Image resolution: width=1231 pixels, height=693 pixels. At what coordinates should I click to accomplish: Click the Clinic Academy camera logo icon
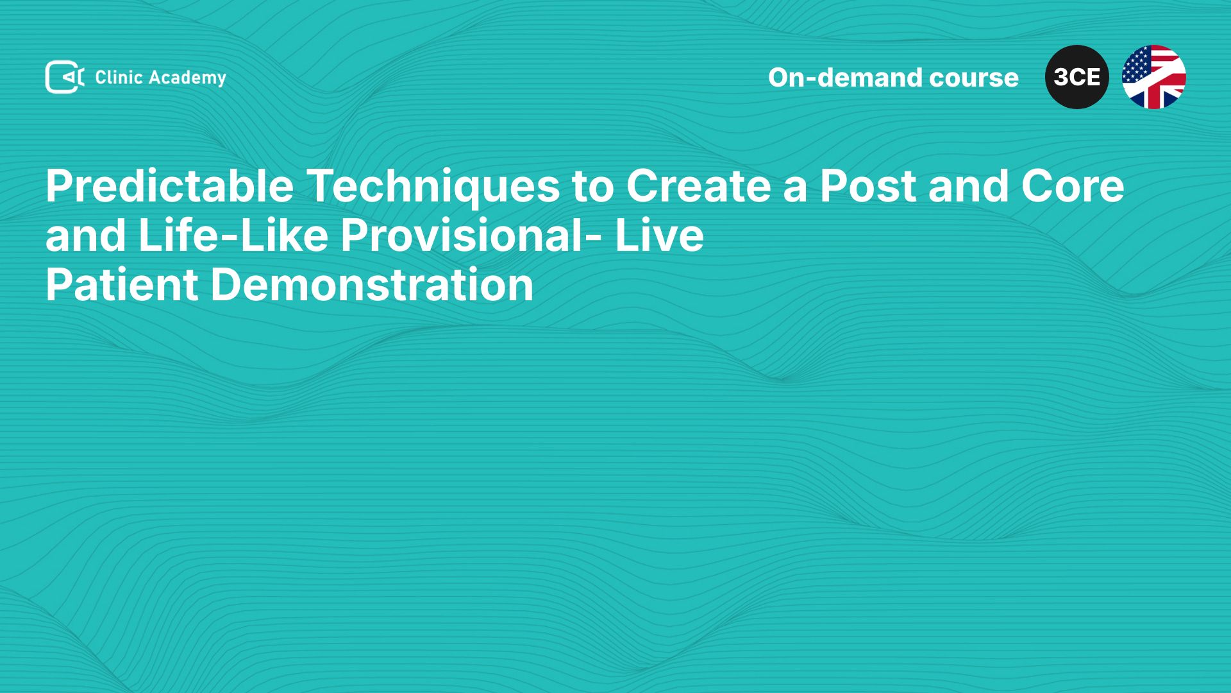pos(64,77)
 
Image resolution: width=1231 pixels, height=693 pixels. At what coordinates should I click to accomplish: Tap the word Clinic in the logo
pos(119,77)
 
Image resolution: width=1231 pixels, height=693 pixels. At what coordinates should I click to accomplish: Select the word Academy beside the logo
pos(188,78)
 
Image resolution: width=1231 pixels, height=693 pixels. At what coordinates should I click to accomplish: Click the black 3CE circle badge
pos(1077,77)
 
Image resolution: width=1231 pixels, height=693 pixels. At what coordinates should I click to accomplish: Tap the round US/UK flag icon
pos(1154,77)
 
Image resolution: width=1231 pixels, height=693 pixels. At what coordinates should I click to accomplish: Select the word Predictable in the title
pos(170,187)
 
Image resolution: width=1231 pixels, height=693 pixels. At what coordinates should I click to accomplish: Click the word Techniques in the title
pos(433,187)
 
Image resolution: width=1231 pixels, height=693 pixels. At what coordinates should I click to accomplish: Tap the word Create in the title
pos(699,186)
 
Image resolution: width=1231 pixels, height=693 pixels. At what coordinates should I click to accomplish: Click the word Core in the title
pos(1073,186)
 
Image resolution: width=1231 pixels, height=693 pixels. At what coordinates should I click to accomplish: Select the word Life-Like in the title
pos(233,235)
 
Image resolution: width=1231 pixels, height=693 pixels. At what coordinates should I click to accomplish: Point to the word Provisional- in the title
pos(471,235)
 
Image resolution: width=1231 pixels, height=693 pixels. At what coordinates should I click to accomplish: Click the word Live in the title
pos(659,235)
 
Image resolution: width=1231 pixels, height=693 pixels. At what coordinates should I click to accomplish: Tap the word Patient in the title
pos(122,284)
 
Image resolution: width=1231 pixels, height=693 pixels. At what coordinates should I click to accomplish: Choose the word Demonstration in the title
pos(372,284)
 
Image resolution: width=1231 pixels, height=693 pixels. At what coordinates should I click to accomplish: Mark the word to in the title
pos(593,187)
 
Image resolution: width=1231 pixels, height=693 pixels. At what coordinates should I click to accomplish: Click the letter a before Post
pos(796,191)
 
